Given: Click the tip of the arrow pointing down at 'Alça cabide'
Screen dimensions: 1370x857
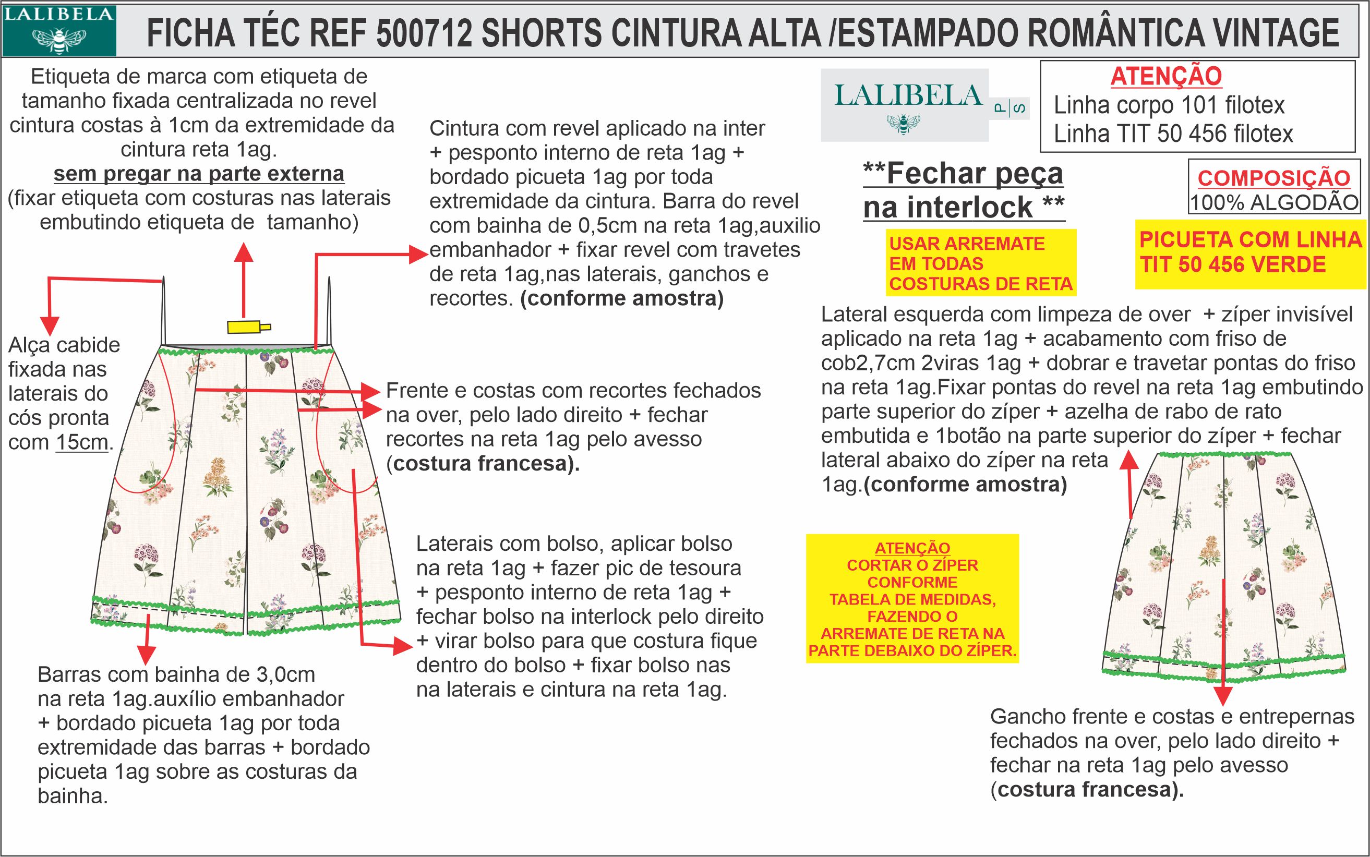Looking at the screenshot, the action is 50,335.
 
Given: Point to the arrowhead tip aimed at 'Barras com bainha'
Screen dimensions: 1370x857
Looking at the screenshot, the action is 146,665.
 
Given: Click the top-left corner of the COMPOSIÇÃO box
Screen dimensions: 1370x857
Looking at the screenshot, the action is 1188,161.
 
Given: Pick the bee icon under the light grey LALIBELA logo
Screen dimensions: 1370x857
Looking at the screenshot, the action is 904,123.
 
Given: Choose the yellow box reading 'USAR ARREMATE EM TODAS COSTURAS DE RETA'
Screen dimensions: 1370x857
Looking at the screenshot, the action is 981,262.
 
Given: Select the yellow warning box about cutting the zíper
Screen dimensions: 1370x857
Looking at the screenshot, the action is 912,598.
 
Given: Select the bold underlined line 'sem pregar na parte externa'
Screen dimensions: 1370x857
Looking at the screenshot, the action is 199,174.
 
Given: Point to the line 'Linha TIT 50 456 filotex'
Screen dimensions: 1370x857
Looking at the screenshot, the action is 1173,134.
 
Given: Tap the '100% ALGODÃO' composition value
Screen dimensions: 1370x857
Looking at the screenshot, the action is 1274,203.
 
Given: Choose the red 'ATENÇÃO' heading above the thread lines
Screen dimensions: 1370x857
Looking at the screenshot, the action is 1166,76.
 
